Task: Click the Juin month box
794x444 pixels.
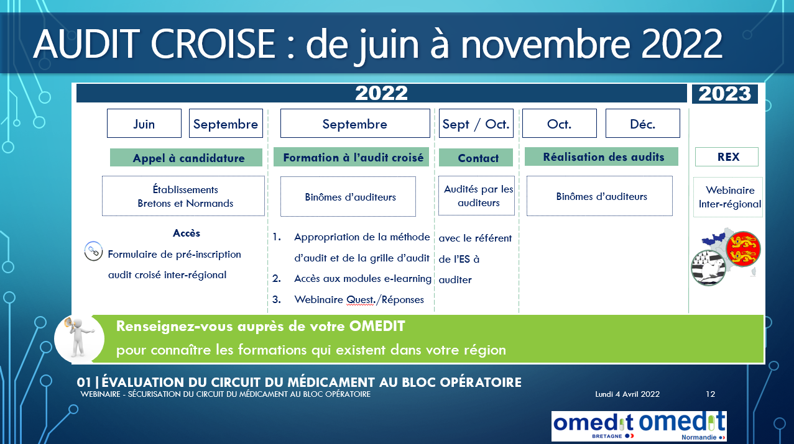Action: point(144,123)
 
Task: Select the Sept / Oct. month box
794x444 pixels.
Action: point(476,123)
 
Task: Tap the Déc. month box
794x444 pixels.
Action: point(643,123)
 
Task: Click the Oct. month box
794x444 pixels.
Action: point(560,123)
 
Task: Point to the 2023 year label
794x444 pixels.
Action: point(725,94)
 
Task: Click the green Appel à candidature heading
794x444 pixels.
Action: point(186,158)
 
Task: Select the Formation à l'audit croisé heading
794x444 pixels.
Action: point(351,157)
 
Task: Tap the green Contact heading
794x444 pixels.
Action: point(476,158)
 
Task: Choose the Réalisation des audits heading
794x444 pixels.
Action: point(601,156)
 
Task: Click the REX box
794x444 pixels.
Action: point(727,157)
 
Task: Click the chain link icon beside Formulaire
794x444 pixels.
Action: point(94,251)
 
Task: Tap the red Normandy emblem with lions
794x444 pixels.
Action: point(743,249)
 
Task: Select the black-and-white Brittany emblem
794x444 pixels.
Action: point(709,267)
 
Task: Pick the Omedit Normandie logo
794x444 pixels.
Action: point(682,426)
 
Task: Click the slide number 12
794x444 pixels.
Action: point(710,394)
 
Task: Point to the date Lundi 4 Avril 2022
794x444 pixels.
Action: point(627,394)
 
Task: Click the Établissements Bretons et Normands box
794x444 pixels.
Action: point(183,196)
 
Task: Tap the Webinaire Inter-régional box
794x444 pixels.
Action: point(728,197)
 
